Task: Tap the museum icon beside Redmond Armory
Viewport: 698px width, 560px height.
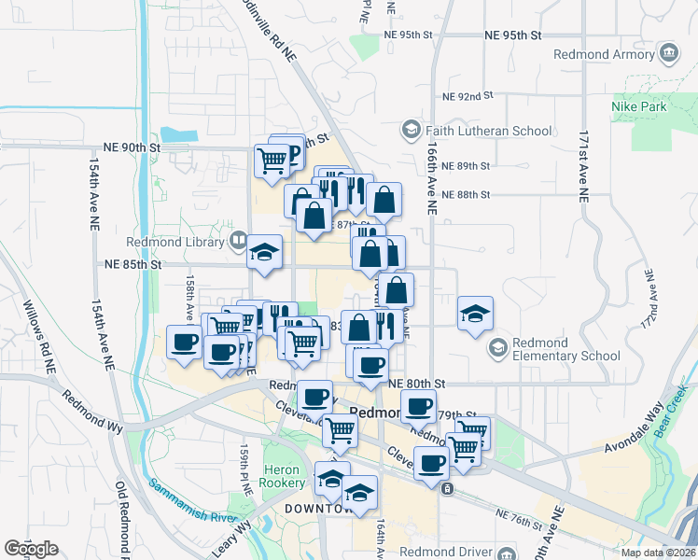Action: click(x=668, y=53)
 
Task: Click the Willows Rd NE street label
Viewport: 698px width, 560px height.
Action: click(x=46, y=337)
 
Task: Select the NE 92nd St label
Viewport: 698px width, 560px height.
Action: click(x=467, y=96)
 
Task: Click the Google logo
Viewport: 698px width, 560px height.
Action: click(x=31, y=549)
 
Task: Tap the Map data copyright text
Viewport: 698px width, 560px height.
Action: click(x=659, y=553)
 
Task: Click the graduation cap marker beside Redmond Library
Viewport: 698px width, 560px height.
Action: click(x=265, y=252)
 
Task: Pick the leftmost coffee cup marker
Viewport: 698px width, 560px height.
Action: click(x=183, y=342)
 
